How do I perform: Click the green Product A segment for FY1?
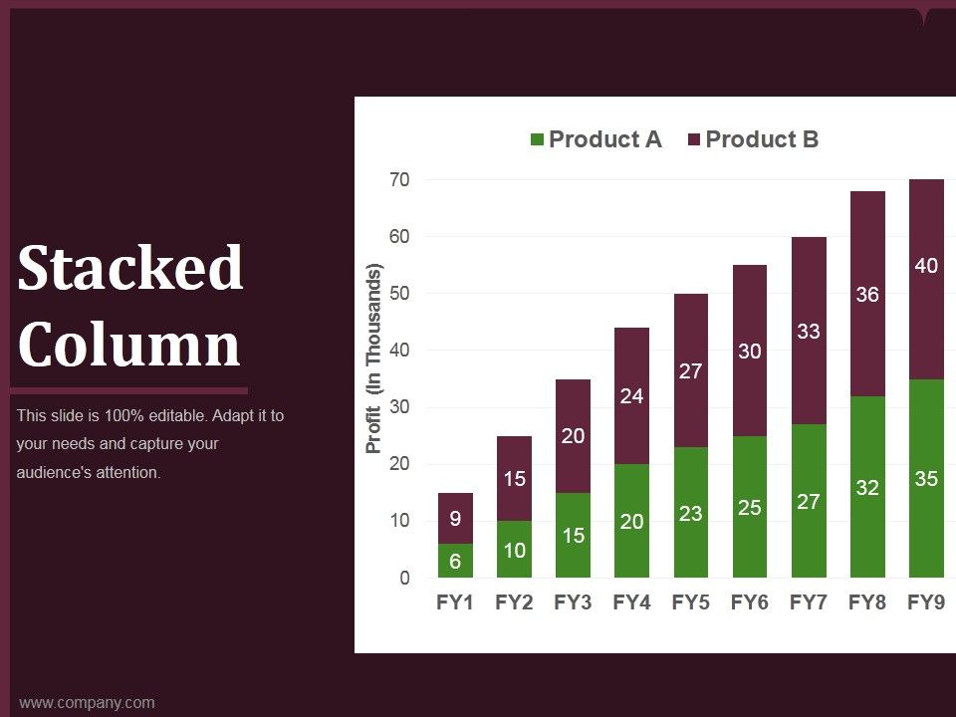tap(455, 561)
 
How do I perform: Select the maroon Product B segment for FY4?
tap(631, 395)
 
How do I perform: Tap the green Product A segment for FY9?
tap(926, 478)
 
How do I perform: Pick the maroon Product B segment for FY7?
tap(809, 331)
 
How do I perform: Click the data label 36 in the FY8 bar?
tap(867, 295)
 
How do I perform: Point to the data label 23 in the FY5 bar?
tap(691, 514)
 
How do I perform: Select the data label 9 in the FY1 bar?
tap(455, 518)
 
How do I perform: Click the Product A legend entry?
tap(597, 139)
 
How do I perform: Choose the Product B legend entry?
tap(754, 139)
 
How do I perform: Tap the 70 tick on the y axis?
tap(399, 180)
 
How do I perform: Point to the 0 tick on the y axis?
tap(405, 578)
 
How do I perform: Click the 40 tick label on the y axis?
tap(399, 350)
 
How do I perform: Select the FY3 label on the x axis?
tap(573, 602)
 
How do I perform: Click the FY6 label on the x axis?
tap(749, 602)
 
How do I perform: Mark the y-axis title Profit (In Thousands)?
tap(373, 358)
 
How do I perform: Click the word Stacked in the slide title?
tap(130, 267)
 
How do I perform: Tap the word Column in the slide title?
tap(128, 344)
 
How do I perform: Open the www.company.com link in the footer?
tap(87, 702)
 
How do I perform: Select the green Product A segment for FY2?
tap(515, 549)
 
